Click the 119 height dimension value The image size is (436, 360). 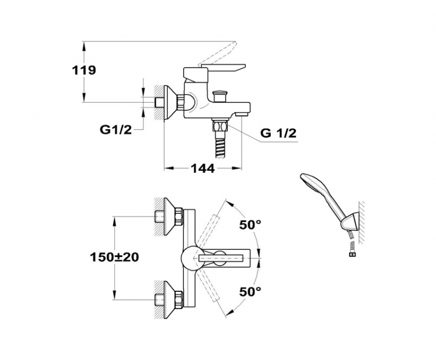[83, 70]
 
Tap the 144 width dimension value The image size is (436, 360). [202, 168]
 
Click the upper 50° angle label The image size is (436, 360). [251, 224]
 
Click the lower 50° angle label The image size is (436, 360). [251, 292]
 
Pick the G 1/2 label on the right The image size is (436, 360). [278, 133]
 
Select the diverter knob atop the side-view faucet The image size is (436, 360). [220, 95]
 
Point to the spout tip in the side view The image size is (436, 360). [243, 113]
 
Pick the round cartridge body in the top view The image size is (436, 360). [191, 256]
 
